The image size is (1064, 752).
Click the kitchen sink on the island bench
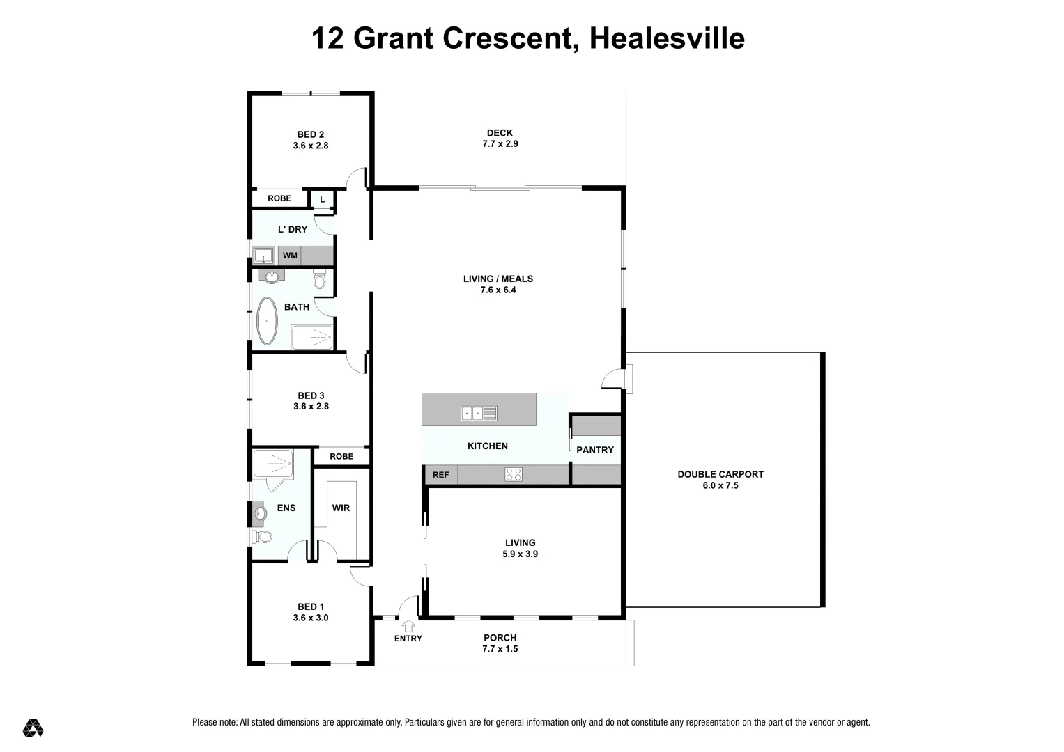pyautogui.click(x=479, y=414)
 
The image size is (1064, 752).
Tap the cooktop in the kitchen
pyautogui.click(x=514, y=475)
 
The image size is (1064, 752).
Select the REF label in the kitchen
pyautogui.click(x=440, y=476)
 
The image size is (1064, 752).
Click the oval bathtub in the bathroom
pyautogui.click(x=267, y=321)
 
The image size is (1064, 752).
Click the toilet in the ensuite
pyautogui.click(x=262, y=537)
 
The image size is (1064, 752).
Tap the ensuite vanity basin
pyautogui.click(x=259, y=515)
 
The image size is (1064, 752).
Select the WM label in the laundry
pyautogui.click(x=290, y=256)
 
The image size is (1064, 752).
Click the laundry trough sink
pyautogui.click(x=263, y=256)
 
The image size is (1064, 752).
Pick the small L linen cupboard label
pyautogui.click(x=322, y=200)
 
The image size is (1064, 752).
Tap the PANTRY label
pyautogui.click(x=595, y=450)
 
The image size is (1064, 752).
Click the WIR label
pyautogui.click(x=341, y=508)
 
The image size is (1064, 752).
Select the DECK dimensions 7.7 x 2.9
pyautogui.click(x=500, y=144)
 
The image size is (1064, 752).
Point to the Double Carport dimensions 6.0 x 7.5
pyautogui.click(x=720, y=485)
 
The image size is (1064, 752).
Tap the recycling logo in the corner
pyautogui.click(x=33, y=728)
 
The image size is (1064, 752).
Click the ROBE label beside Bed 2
pyautogui.click(x=279, y=198)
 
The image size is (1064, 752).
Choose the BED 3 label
pyautogui.click(x=311, y=395)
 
